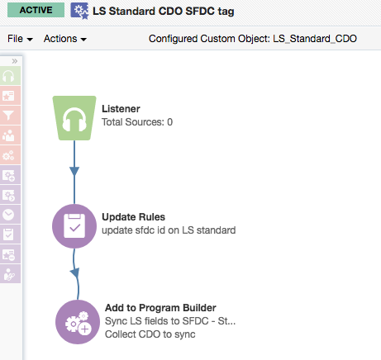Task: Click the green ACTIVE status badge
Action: pos(36,10)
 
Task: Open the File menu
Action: pos(20,39)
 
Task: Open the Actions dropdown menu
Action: pos(65,39)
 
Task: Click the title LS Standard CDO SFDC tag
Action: pos(164,12)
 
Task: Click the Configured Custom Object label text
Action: pos(253,39)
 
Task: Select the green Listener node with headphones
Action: pos(74,118)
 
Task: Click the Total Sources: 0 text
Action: pos(137,122)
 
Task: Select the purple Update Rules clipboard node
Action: pos(74,226)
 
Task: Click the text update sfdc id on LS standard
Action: pos(169,230)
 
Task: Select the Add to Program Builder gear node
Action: pos(78,322)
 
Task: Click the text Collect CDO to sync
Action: pos(150,334)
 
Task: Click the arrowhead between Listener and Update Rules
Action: pos(74,171)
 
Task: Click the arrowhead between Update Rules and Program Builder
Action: pos(75,272)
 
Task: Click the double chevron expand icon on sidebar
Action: pos(15,61)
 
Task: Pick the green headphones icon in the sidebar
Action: pos(9,76)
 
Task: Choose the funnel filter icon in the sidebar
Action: pos(9,116)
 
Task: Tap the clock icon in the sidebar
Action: pos(9,215)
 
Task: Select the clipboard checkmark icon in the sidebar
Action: pos(9,234)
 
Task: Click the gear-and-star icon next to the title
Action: pos(79,11)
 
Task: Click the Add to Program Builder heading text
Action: pos(160,308)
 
